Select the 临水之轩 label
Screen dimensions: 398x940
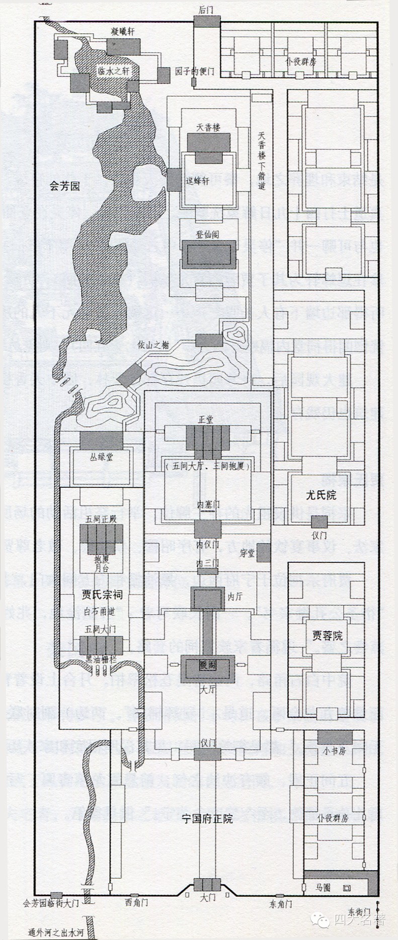point(114,71)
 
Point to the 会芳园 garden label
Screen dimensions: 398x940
point(65,187)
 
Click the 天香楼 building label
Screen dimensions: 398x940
point(209,127)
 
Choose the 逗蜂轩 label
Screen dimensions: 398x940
point(198,181)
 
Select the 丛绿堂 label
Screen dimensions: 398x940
point(101,457)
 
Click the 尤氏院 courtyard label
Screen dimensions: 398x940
point(321,495)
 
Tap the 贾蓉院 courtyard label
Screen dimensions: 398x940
point(321,633)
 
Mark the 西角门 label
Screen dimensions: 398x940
point(136,902)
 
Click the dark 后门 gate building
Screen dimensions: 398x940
point(207,21)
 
